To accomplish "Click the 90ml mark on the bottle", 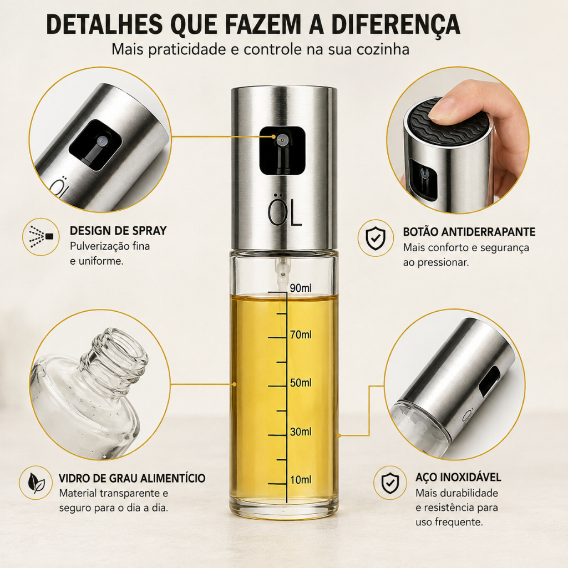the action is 300,288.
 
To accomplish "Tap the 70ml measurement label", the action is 300,334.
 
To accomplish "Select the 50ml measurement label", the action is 300,383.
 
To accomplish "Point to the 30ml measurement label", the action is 300,432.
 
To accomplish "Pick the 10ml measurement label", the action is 300,480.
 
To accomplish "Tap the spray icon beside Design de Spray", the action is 41,236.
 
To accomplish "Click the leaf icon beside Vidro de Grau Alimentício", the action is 36,483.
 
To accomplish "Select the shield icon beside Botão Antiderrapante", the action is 376,239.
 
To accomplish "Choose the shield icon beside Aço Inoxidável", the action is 390,483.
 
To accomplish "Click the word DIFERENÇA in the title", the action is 395,24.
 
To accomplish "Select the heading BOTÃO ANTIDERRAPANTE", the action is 469,232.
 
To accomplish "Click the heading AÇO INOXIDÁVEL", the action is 458,477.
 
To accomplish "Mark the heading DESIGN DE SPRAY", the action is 118,231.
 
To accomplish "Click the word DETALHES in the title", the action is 104,24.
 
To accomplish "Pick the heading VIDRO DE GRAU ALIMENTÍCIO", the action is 132,478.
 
